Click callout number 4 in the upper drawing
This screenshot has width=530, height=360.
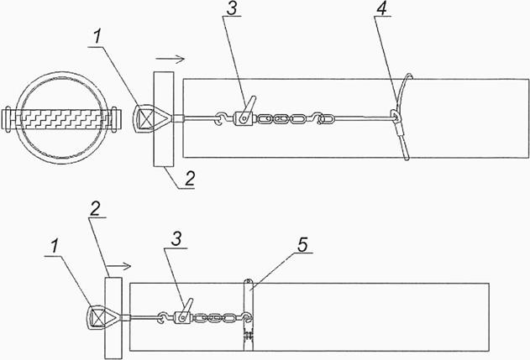coord(381,10)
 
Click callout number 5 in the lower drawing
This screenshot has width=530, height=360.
coord(302,245)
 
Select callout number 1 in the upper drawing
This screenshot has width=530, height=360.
coord(97,38)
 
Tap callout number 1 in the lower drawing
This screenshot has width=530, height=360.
coord(54,248)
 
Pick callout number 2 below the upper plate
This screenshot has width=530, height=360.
coord(190,179)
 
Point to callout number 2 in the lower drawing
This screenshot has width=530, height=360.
coord(94,210)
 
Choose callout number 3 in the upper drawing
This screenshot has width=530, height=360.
coord(232,9)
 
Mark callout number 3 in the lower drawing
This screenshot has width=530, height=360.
coord(176,239)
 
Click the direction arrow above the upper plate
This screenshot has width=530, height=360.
coord(171,60)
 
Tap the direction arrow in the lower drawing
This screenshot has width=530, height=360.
coord(119,267)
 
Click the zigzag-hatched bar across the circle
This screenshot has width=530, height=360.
coord(60,119)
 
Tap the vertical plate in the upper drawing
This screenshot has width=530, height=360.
coord(164,119)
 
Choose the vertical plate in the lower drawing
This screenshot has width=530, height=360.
coord(113,318)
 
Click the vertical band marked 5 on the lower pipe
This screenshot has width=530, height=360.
coord(249,315)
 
